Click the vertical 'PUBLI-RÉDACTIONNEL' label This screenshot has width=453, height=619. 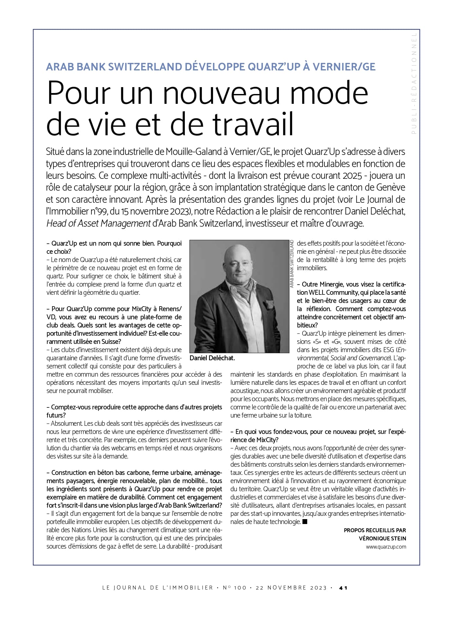(x=414, y=83)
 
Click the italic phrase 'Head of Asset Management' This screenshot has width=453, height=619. (x=98, y=223)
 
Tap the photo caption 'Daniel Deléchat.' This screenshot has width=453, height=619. (x=212, y=358)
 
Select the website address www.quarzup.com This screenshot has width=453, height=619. (x=386, y=547)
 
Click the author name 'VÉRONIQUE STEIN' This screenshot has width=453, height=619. (x=382, y=538)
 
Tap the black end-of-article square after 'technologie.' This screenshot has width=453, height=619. (x=305, y=521)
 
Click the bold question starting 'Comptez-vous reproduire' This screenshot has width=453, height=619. (x=134, y=407)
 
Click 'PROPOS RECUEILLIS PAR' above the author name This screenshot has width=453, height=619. (x=375, y=530)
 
